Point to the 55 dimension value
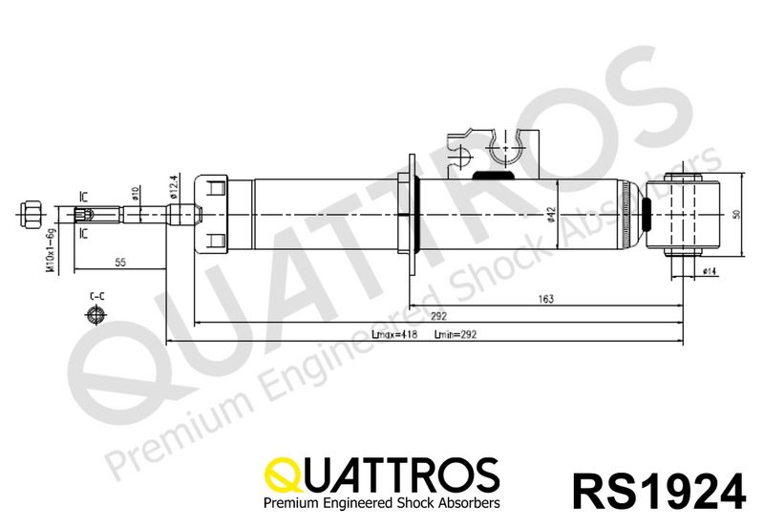pyautogui.click(x=121, y=260)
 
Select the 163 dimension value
pyautogui.click(x=544, y=299)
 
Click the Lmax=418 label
pyautogui.click(x=393, y=336)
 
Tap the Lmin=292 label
pyautogui.click(x=456, y=336)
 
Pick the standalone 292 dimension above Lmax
pyautogui.click(x=438, y=316)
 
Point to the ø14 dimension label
pyautogui.click(x=709, y=272)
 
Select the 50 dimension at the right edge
pyautogui.click(x=735, y=214)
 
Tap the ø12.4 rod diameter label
pyautogui.click(x=174, y=186)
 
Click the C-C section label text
pyautogui.click(x=96, y=297)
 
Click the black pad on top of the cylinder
pyautogui.click(x=494, y=176)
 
